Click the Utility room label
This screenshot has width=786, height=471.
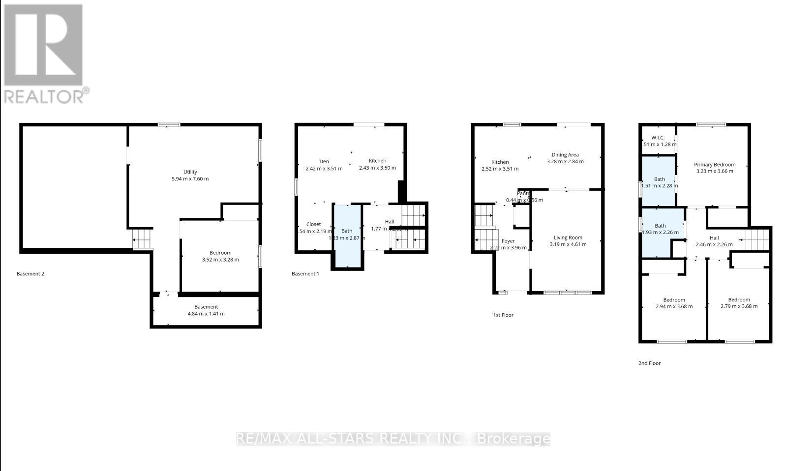(x=190, y=172)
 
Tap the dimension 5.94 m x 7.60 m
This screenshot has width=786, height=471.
(x=190, y=179)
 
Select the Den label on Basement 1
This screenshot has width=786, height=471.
(x=324, y=161)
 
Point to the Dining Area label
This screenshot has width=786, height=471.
(x=565, y=154)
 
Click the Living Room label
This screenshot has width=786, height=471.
(x=568, y=237)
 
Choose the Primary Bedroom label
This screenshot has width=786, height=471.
(x=715, y=165)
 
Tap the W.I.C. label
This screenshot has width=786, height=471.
(x=658, y=138)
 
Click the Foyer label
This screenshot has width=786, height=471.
(x=508, y=241)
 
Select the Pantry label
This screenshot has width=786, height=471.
(x=523, y=193)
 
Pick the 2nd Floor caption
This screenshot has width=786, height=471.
(x=649, y=363)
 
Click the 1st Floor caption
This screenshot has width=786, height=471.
(x=503, y=315)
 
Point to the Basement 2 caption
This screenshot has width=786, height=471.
(x=30, y=274)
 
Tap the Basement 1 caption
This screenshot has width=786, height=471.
(x=305, y=274)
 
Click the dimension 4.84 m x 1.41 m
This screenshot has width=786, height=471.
(x=206, y=314)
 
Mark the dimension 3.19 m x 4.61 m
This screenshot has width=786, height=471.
(x=568, y=244)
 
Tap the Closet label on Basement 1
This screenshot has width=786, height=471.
(x=313, y=224)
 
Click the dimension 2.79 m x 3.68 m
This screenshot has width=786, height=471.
(x=739, y=306)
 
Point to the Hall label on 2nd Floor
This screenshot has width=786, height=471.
(x=714, y=238)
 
